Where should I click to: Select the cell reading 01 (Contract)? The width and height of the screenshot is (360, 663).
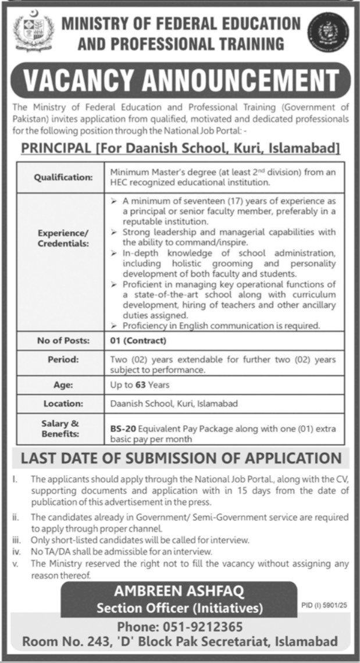pos(138,340)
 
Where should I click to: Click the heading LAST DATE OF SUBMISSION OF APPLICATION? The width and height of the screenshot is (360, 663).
pos(180,457)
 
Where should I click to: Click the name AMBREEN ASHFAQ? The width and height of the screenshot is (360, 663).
pos(180,593)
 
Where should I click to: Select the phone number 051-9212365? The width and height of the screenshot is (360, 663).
pos(213,628)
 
